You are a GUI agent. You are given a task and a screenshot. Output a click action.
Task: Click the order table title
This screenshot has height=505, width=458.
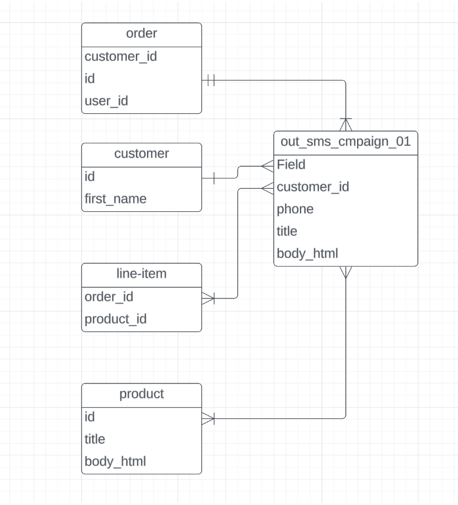coord(142,34)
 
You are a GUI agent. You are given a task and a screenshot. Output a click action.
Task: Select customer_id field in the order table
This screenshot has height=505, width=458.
coord(120,57)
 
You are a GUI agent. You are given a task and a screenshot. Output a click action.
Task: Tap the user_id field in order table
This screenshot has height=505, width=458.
coord(106,101)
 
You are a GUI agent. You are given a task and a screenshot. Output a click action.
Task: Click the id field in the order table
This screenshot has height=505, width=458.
coord(90,78)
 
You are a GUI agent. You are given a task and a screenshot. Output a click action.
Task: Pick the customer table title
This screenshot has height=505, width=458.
coord(142,154)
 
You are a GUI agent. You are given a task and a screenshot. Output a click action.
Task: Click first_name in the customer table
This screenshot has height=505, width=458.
coord(115,199)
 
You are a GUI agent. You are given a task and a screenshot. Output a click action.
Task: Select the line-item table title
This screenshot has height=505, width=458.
coord(142,274)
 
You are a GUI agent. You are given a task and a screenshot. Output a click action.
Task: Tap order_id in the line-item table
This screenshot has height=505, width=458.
coord(109,297)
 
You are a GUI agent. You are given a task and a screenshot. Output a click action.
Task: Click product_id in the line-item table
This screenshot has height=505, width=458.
coord(115,319)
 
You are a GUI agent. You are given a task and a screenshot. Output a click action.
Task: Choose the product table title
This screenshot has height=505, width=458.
coord(142,394)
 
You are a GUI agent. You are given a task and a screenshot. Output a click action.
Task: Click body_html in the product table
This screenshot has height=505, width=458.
coord(115,461)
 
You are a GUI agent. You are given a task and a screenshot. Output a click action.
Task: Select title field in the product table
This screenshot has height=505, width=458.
coord(95,439)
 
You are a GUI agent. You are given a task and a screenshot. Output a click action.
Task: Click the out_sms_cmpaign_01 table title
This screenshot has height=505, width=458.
coord(345,142)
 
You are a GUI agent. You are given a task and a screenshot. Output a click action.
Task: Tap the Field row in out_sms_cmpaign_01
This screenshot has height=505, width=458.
coord(291,165)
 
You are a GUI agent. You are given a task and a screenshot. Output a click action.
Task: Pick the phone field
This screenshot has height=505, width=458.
coord(295,209)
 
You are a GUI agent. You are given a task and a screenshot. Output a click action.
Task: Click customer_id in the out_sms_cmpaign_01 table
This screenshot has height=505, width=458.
coord(313,187)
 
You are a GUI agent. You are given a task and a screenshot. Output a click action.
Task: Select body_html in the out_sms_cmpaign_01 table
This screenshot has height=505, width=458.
coord(307,254)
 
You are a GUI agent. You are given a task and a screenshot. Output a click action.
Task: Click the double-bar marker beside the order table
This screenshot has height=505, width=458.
coord(211,81)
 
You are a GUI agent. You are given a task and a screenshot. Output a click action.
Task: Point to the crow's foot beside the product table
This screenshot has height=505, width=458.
coord(208,419)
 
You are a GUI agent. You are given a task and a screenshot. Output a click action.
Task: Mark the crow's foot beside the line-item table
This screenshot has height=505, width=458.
coord(208,299)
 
